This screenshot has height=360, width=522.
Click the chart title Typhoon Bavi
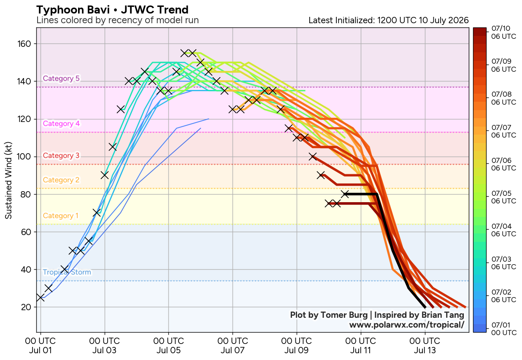pyautogui.click(x=73, y=10)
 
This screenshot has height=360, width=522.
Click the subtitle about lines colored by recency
pyautogui.click(x=118, y=20)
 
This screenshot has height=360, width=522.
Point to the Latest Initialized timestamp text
pyautogui.click(x=389, y=20)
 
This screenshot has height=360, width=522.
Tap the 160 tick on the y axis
pyautogui.click(x=24, y=44)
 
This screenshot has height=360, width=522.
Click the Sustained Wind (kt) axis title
pyautogui.click(x=8, y=180)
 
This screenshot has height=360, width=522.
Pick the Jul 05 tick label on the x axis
pyautogui.click(x=168, y=346)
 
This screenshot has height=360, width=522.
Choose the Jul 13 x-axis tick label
pyautogui.click(x=425, y=346)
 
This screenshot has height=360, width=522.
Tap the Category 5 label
pyautogui.click(x=61, y=78)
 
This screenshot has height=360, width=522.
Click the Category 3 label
pyautogui.click(x=61, y=155)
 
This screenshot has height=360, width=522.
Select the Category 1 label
pyautogui.click(x=61, y=216)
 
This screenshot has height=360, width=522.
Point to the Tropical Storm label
pyautogui.click(x=67, y=272)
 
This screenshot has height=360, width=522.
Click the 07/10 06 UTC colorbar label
pyautogui.click(x=503, y=32)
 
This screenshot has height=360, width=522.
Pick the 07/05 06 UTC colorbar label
pyautogui.click(x=503, y=197)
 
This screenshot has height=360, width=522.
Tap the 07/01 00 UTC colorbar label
pyautogui.click(x=503, y=328)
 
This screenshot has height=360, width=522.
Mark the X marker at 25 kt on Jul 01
pyautogui.click(x=41, y=298)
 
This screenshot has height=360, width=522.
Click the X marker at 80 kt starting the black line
pyautogui.click(x=345, y=194)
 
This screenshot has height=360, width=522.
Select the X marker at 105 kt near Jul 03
pyautogui.click(x=113, y=147)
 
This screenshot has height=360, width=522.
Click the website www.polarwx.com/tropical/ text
pyautogui.click(x=407, y=325)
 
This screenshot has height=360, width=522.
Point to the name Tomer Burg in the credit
pyautogui.click(x=344, y=315)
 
